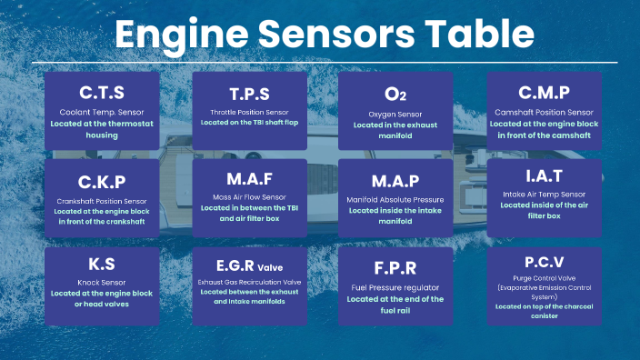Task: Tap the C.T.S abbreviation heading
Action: [x=102, y=93]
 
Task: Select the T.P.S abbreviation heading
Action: [x=249, y=95]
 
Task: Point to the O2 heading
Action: [x=395, y=95]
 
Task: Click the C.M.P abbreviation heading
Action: [x=544, y=93]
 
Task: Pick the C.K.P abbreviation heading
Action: [x=102, y=182]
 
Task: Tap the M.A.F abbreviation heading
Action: [x=249, y=179]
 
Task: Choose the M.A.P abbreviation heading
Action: [x=395, y=181]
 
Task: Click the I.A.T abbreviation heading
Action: [x=544, y=176]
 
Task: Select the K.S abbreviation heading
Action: [x=102, y=264]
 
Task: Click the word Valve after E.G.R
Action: [x=270, y=268]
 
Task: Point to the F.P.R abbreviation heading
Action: [x=395, y=268]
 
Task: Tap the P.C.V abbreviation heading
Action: [x=544, y=262]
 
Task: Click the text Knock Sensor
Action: [x=102, y=283]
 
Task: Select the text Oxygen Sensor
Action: [x=395, y=115]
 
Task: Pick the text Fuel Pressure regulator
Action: [x=395, y=288]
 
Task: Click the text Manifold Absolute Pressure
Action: [x=395, y=200]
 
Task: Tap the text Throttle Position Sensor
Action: [x=249, y=112]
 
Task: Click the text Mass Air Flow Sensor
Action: [x=249, y=197]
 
